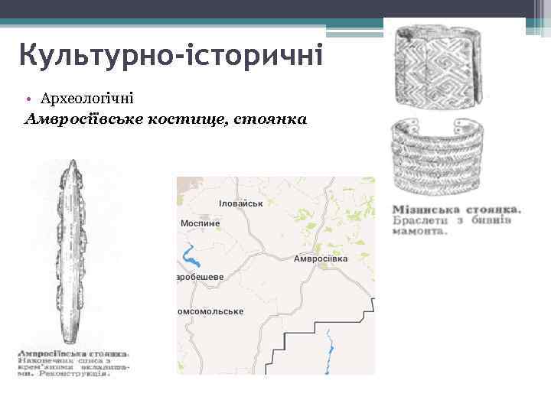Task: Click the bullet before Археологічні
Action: pos(28,99)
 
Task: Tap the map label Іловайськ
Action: pos(240,203)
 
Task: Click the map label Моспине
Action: pos(201,223)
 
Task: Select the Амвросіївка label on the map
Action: pos(321,259)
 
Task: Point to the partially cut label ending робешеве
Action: pos(201,276)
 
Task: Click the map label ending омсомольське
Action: pos(210,311)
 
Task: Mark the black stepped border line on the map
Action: pos(306,334)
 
